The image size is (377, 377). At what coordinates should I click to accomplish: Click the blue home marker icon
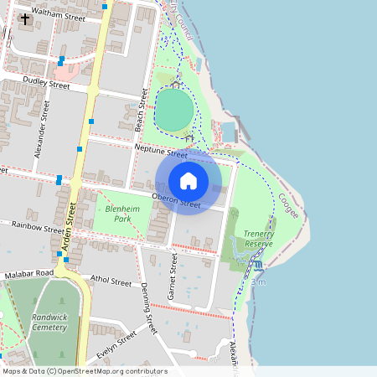pos(188,181)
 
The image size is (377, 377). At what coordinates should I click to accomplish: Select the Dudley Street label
pos(46,83)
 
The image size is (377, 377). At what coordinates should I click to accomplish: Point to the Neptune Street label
pos(161,152)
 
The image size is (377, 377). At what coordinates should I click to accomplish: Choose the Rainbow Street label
pos(39,226)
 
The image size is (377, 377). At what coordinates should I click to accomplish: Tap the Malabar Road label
pos(28,273)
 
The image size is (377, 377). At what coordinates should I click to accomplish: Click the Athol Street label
pos(110,281)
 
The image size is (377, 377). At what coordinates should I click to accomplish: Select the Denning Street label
pos(148,308)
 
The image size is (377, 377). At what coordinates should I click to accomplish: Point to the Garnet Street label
pos(173,279)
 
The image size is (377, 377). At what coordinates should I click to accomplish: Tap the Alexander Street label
pos(41,129)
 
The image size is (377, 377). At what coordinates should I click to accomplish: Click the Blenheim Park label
pos(117,213)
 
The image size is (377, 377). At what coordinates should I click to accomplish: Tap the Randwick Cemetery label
pos(49,323)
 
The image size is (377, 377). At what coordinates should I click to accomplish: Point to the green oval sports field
pos(174,109)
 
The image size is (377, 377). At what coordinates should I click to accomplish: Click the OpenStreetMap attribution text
pos(85,371)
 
